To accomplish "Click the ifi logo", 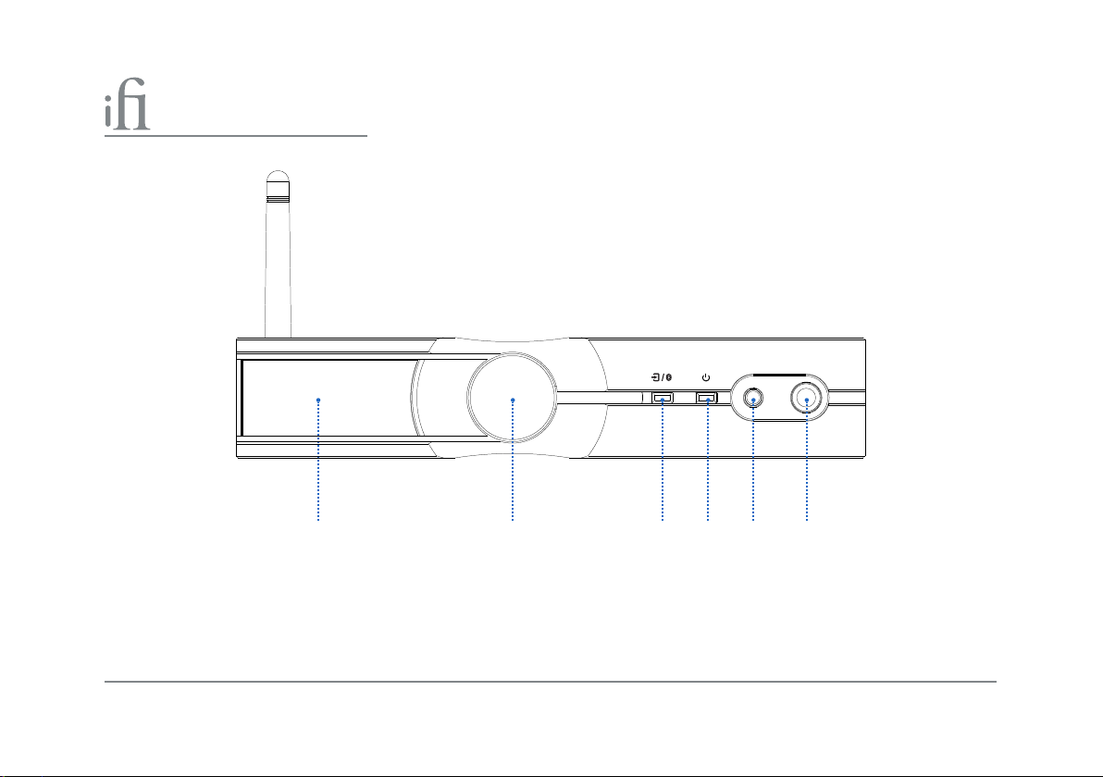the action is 128,105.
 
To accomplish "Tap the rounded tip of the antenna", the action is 279,176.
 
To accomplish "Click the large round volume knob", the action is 513,398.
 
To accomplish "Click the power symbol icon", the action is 706,377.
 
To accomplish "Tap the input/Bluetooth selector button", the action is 662,398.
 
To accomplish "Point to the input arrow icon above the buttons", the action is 655,377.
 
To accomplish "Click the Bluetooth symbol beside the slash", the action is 668,377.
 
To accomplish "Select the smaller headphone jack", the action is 753,400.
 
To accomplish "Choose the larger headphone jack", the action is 807,400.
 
